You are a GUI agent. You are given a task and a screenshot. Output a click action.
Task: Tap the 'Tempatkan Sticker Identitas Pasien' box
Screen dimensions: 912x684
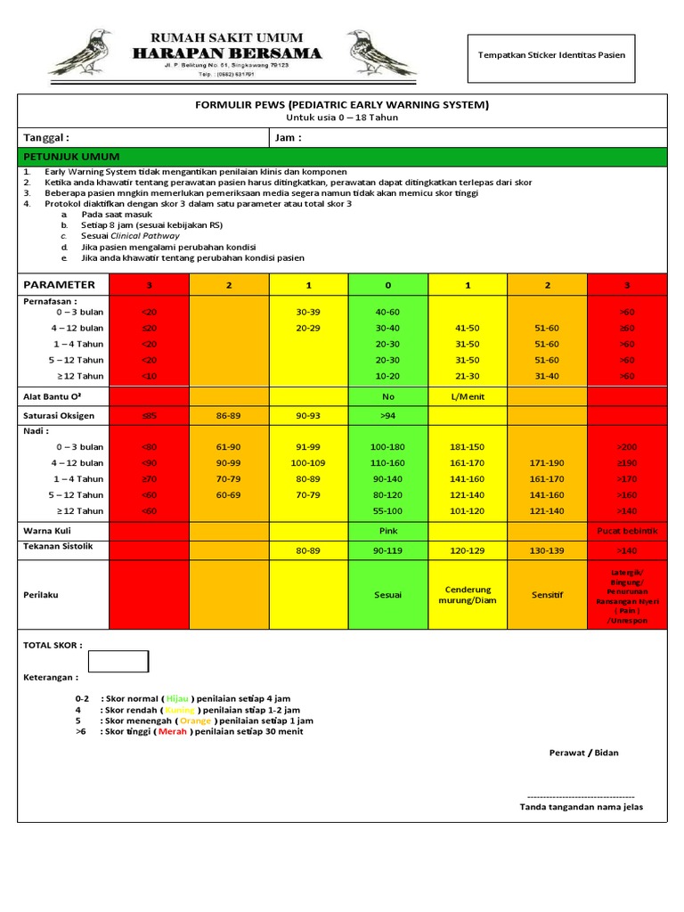[551, 55]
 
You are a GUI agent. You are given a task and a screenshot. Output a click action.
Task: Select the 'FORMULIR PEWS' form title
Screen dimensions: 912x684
[342, 105]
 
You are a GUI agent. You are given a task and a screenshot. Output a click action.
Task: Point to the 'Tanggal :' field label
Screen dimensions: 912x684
[45, 138]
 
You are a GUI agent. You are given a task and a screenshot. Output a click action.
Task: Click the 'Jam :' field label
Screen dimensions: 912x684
[289, 138]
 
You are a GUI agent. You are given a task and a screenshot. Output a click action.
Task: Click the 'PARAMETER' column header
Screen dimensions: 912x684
[59, 285]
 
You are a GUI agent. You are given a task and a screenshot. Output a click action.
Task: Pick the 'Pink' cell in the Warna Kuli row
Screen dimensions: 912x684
[387, 531]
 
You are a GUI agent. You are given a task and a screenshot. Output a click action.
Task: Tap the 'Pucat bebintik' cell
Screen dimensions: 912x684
[627, 531]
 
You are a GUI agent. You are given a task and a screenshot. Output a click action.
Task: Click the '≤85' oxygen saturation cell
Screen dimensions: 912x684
[148, 415]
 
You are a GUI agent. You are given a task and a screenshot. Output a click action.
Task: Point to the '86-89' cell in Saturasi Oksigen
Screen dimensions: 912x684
[228, 415]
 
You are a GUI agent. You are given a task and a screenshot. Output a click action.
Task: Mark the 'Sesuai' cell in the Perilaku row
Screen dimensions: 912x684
[387, 595]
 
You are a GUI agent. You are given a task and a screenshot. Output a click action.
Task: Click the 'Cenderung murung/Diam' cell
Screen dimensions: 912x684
[468, 595]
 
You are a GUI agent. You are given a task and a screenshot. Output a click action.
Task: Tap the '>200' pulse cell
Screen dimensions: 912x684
[627, 446]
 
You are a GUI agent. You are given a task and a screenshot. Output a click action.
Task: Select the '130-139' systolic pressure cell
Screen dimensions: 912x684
[547, 551]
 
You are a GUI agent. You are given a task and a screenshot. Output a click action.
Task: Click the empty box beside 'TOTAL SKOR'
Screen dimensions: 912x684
[118, 661]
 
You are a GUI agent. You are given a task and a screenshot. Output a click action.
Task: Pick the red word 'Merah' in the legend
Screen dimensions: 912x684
[172, 732]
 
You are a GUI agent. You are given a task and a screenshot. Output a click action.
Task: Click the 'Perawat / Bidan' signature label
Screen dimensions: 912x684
[583, 753]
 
